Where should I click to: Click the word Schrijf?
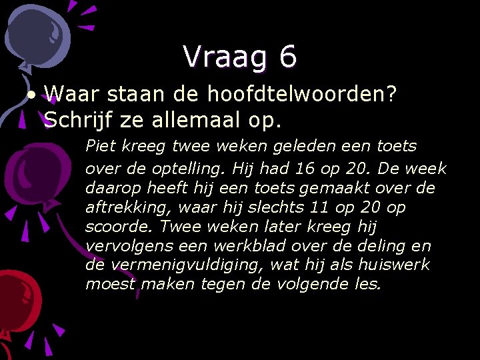click(x=75, y=121)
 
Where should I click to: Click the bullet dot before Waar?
click(x=32, y=94)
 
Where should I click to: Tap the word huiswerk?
click(x=394, y=265)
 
